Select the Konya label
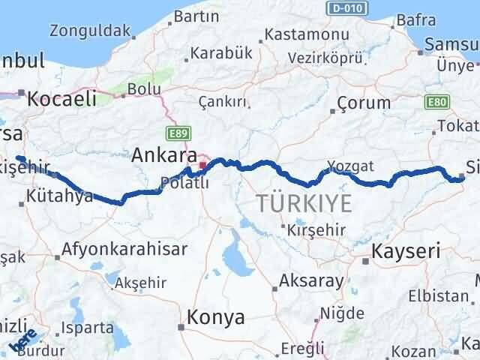click(x=216, y=317)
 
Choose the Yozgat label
click(x=350, y=166)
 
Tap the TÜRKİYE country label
click(x=304, y=202)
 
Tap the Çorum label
click(x=364, y=103)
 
